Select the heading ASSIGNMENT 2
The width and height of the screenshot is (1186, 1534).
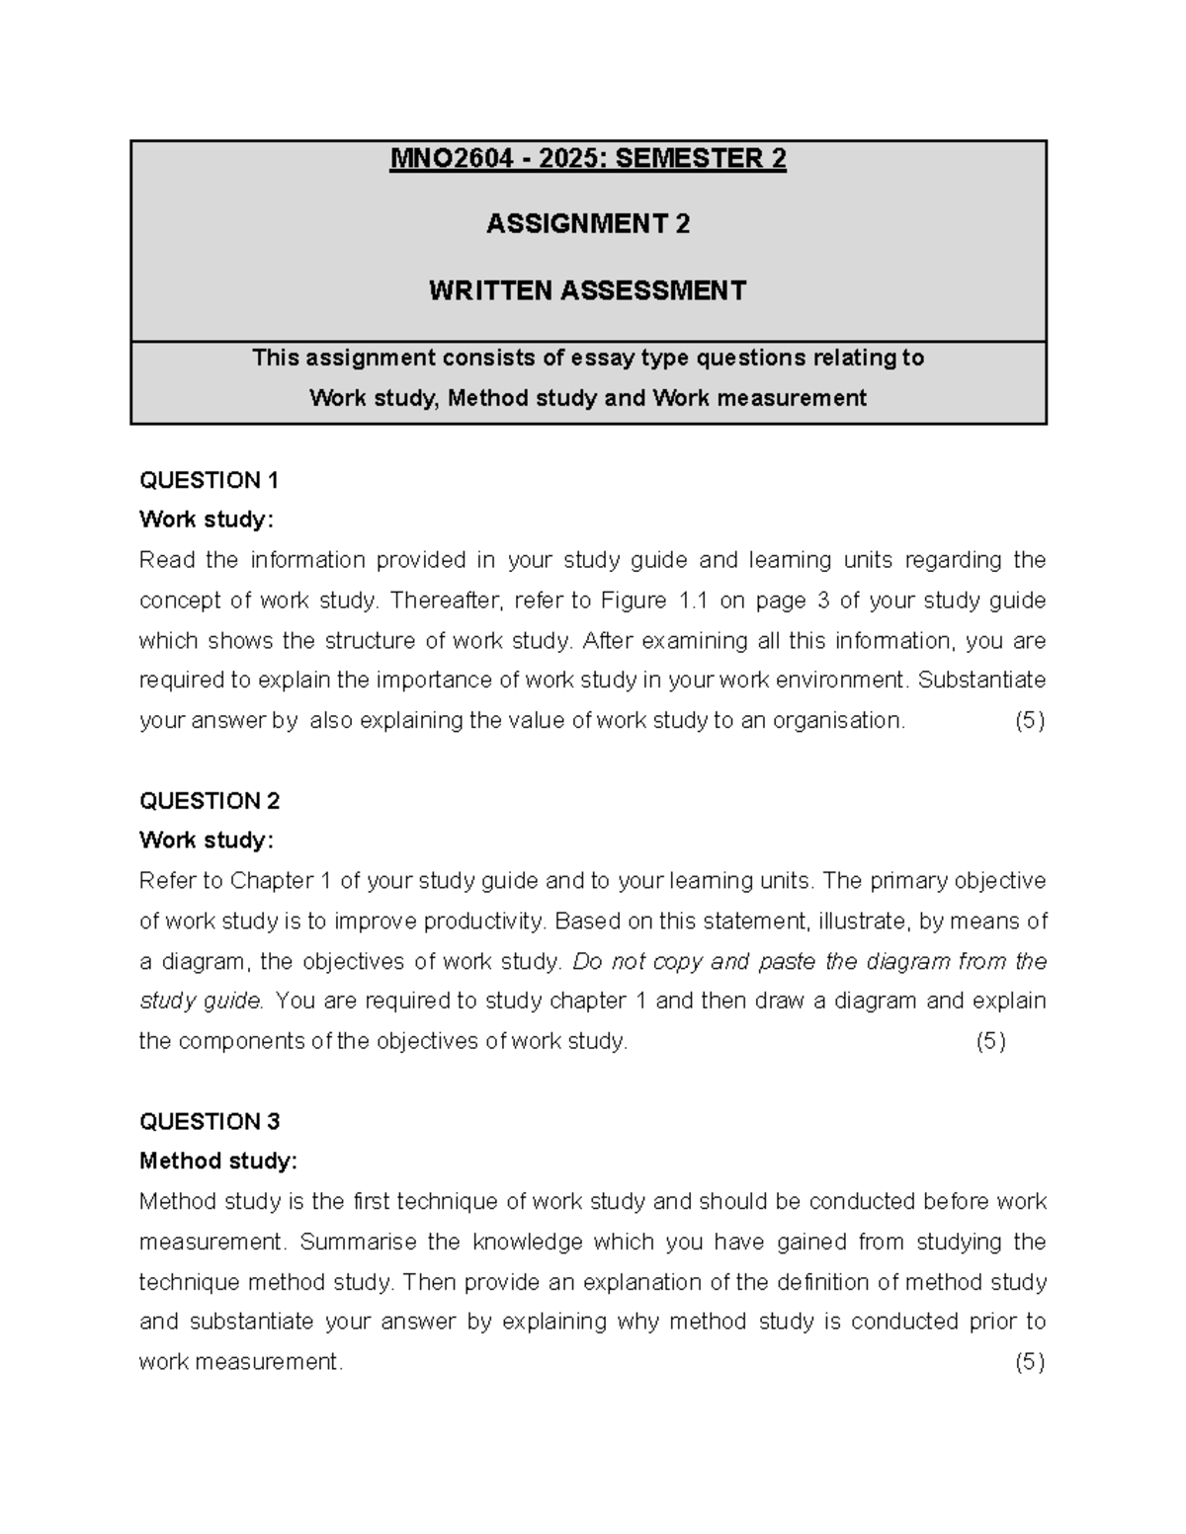click(x=588, y=224)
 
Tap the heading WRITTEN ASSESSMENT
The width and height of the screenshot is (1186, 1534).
click(x=588, y=290)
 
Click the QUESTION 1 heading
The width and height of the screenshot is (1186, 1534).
click(x=210, y=480)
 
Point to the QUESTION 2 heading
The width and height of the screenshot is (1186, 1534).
click(x=210, y=800)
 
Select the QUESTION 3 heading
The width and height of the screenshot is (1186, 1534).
click(x=210, y=1121)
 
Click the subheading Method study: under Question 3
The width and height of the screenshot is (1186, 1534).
click(x=218, y=1161)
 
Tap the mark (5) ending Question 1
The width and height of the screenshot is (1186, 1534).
click(x=1030, y=720)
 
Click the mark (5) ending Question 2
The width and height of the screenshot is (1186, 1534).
click(x=991, y=1041)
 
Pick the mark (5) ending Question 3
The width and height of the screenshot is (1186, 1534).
click(x=1030, y=1362)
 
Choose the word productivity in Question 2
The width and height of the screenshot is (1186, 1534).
click(x=484, y=922)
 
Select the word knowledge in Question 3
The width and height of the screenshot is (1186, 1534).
click(x=528, y=1242)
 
